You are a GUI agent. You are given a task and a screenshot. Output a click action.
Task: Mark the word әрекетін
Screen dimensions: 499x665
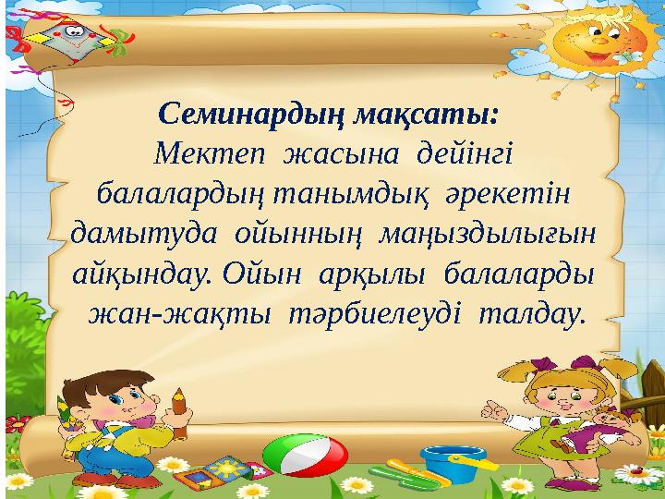506,195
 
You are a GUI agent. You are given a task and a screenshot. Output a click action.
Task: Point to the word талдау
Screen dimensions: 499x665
532,315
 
